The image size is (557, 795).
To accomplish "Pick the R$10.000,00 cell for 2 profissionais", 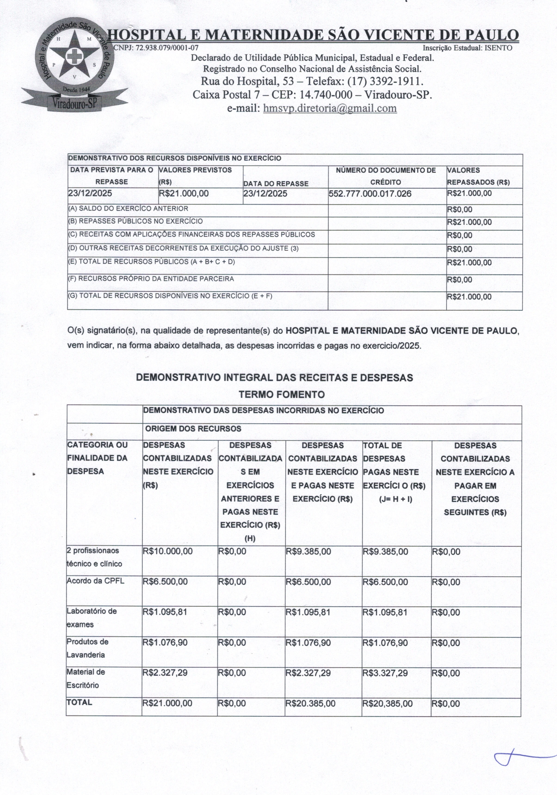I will (x=168, y=551).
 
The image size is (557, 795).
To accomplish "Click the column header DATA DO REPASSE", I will (x=276, y=183).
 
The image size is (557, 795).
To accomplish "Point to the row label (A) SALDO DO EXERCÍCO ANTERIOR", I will (x=128, y=208).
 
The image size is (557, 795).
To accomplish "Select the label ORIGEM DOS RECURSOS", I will (x=193, y=429).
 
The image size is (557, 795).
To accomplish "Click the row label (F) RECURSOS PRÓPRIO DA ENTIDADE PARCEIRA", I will (x=151, y=279).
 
